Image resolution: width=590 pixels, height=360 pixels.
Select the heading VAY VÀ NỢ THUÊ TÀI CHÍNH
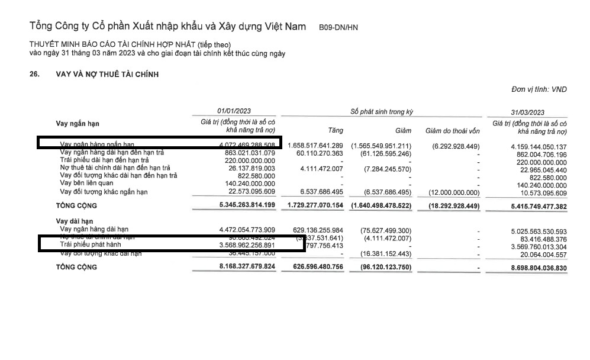[107, 74]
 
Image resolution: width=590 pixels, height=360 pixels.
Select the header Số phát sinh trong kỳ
[382, 112]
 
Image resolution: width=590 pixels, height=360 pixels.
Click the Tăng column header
[335, 131]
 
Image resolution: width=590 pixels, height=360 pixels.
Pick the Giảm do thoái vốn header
[452, 131]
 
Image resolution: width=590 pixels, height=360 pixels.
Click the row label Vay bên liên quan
[86, 184]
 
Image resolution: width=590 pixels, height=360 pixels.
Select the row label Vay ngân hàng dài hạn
[94, 229]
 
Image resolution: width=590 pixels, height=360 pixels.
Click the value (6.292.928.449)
[456, 146]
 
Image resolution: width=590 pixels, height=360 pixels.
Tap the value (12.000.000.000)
[454, 192]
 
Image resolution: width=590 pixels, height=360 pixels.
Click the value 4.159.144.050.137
[531, 146]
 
